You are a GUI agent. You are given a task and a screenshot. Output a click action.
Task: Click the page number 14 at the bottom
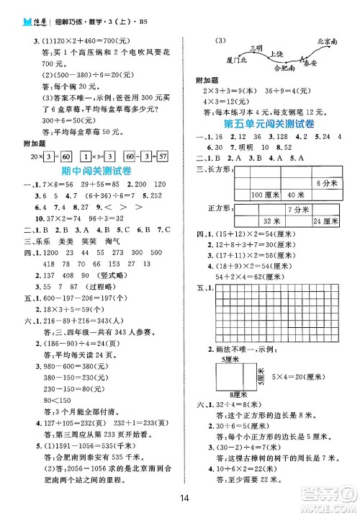pos(184,497)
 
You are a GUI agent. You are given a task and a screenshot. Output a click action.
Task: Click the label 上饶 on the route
pos(276,54)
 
